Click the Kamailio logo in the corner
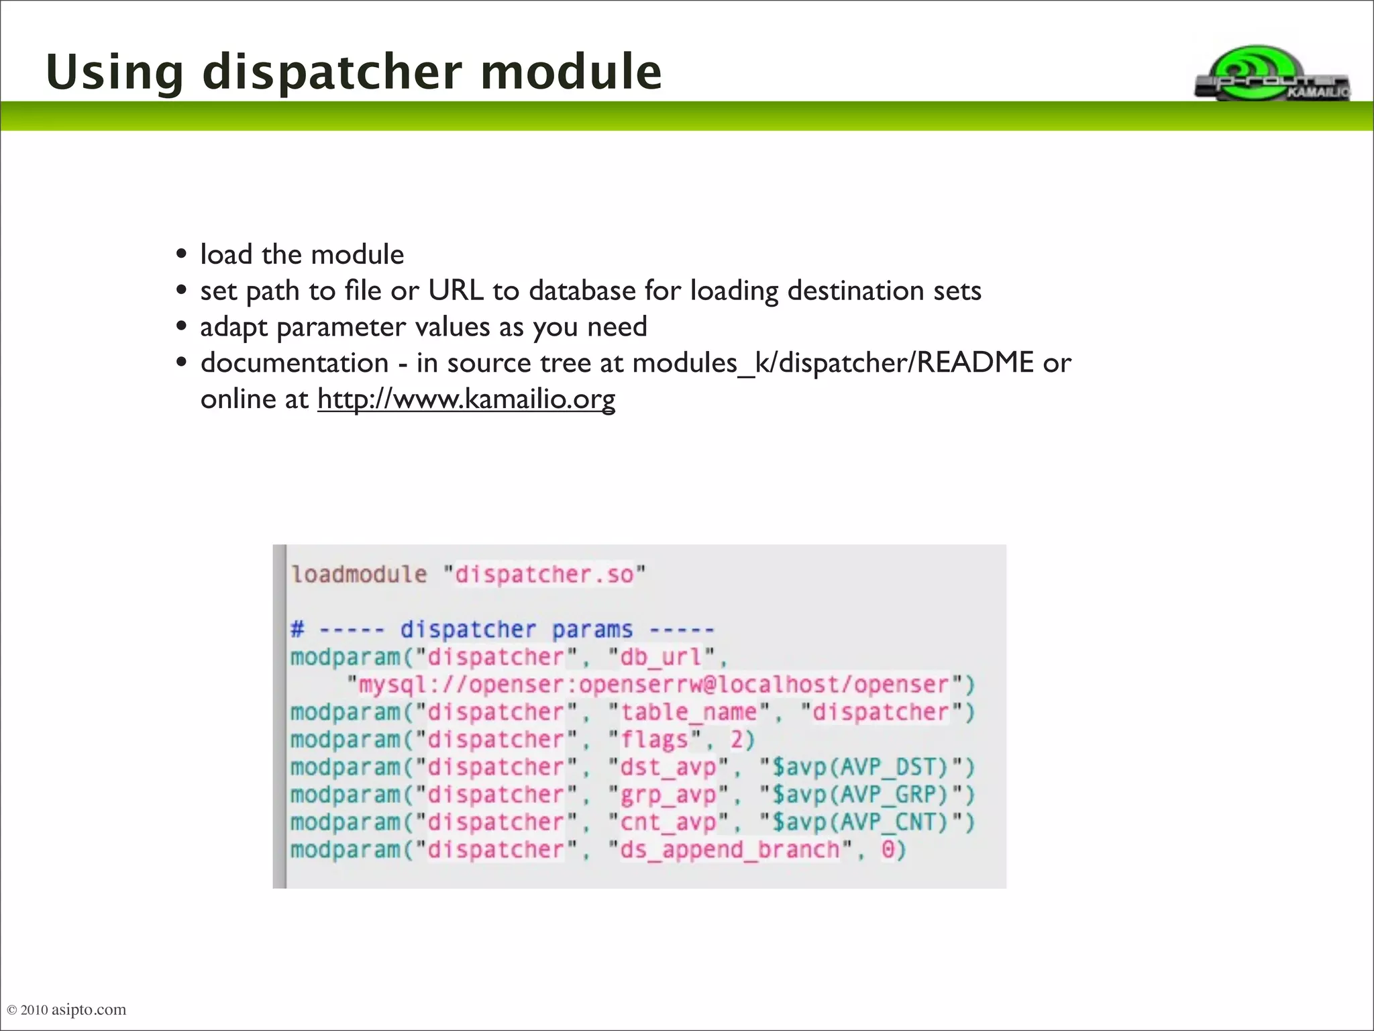pyautogui.click(x=1271, y=74)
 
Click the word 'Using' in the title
pyautogui.click(x=115, y=72)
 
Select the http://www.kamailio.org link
pyautogui.click(x=466, y=399)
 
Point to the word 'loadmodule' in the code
pyautogui.click(x=359, y=575)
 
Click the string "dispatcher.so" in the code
pyautogui.click(x=544, y=575)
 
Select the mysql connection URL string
pyautogui.click(x=654, y=685)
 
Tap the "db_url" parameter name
pyautogui.click(x=660, y=657)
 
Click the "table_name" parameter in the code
pyautogui.click(x=688, y=712)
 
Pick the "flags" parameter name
pyautogui.click(x=655, y=740)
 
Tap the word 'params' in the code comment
pyautogui.click(x=592, y=630)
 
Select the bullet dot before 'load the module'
pyautogui.click(x=181, y=255)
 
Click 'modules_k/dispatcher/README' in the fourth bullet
pyautogui.click(x=833, y=363)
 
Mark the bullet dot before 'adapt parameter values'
pyautogui.click(x=181, y=327)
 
